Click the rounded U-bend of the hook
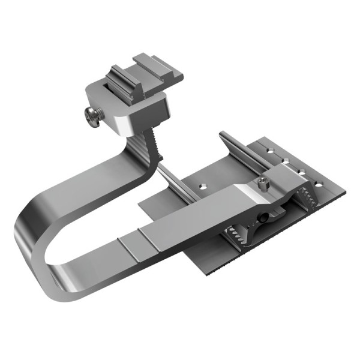pos(33,240)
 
